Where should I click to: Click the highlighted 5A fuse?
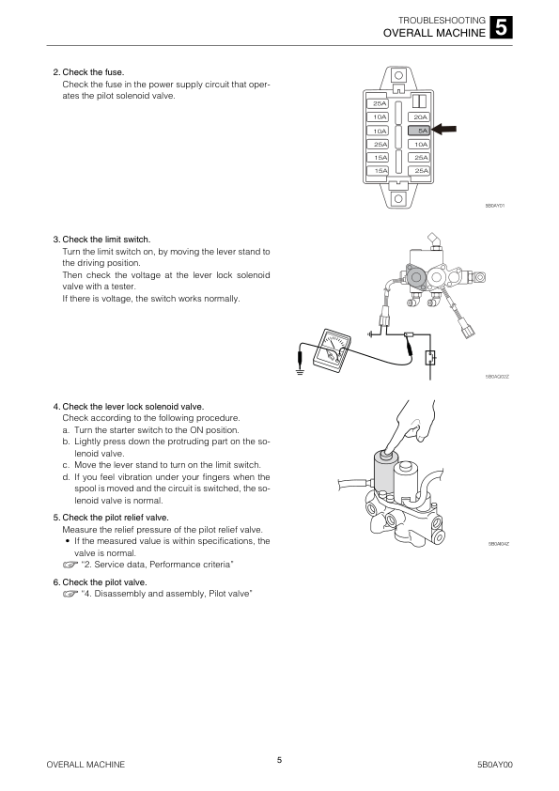coord(419,131)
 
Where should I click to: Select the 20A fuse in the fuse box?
coord(419,117)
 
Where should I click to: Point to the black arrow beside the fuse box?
coord(444,129)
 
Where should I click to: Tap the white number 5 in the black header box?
coord(501,28)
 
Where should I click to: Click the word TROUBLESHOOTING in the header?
coord(442,20)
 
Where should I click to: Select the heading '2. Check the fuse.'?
coord(88,72)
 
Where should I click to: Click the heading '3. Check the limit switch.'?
coord(101,240)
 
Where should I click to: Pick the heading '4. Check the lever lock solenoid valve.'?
coord(128,407)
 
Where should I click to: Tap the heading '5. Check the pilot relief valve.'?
coord(111,518)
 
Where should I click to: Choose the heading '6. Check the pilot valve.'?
coord(100,582)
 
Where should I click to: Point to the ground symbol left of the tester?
coord(301,373)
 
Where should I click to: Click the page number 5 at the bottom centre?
coord(280,760)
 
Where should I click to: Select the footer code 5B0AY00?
coord(495,765)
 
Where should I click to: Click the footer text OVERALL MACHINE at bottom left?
coord(85,765)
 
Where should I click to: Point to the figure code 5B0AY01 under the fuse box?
coord(495,206)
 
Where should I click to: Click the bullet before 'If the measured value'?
coord(67,541)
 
